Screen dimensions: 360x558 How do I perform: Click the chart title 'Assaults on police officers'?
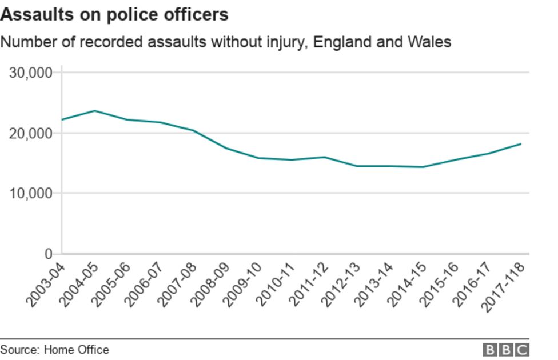[114, 14]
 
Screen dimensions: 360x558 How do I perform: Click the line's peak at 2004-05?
[95, 111]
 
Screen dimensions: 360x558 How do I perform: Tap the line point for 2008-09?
[226, 148]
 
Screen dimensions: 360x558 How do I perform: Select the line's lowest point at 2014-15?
[423, 167]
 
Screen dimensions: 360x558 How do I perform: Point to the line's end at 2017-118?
[521, 144]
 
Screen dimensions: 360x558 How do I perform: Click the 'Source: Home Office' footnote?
[54, 349]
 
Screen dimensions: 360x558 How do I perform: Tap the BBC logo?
[506, 350]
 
